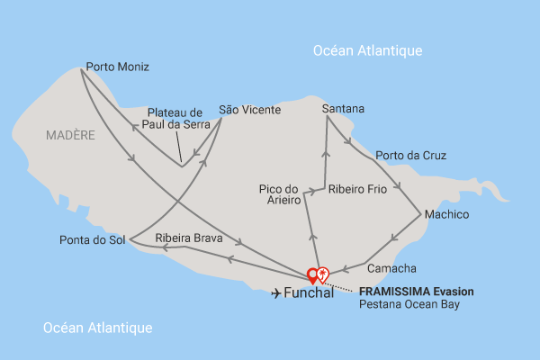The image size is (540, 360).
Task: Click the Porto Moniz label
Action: pyautogui.click(x=117, y=67)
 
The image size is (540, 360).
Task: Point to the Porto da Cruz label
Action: pyautogui.click(x=410, y=155)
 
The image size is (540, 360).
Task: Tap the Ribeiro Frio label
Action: pyautogui.click(x=357, y=190)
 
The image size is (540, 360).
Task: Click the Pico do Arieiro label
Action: pyautogui.click(x=278, y=194)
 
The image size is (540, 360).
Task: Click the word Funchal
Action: pyautogui.click(x=309, y=293)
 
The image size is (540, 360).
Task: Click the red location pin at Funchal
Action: pyautogui.click(x=313, y=275)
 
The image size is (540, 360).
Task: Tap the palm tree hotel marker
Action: pyautogui.click(x=323, y=274)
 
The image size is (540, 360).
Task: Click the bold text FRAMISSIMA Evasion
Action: pyautogui.click(x=416, y=292)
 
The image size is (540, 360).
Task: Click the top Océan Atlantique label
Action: pyautogui.click(x=367, y=50)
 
